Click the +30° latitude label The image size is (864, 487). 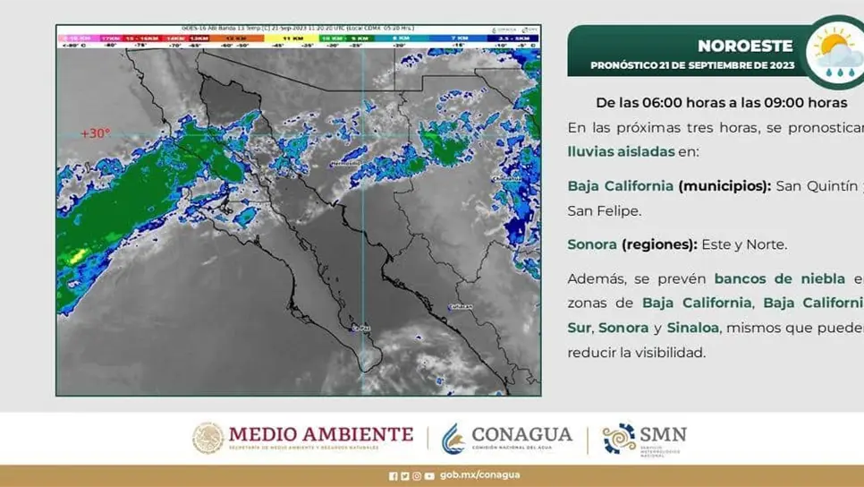[96, 133]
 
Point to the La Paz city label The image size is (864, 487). [362, 329]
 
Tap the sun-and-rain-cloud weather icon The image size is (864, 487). [834, 51]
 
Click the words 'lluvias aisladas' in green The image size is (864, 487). [621, 151]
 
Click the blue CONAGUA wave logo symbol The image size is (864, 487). [453, 438]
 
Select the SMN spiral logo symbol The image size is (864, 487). [619, 438]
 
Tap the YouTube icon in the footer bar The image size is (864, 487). [429, 475]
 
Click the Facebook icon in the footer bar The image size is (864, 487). [394, 475]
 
